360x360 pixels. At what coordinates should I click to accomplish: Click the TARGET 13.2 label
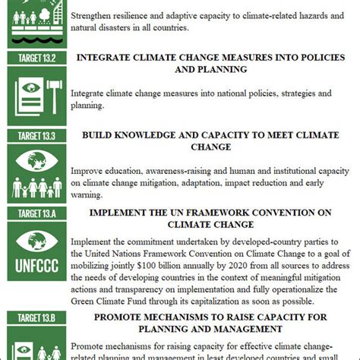[x=33, y=58]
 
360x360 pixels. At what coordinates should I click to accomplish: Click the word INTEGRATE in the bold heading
[x=128, y=57]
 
